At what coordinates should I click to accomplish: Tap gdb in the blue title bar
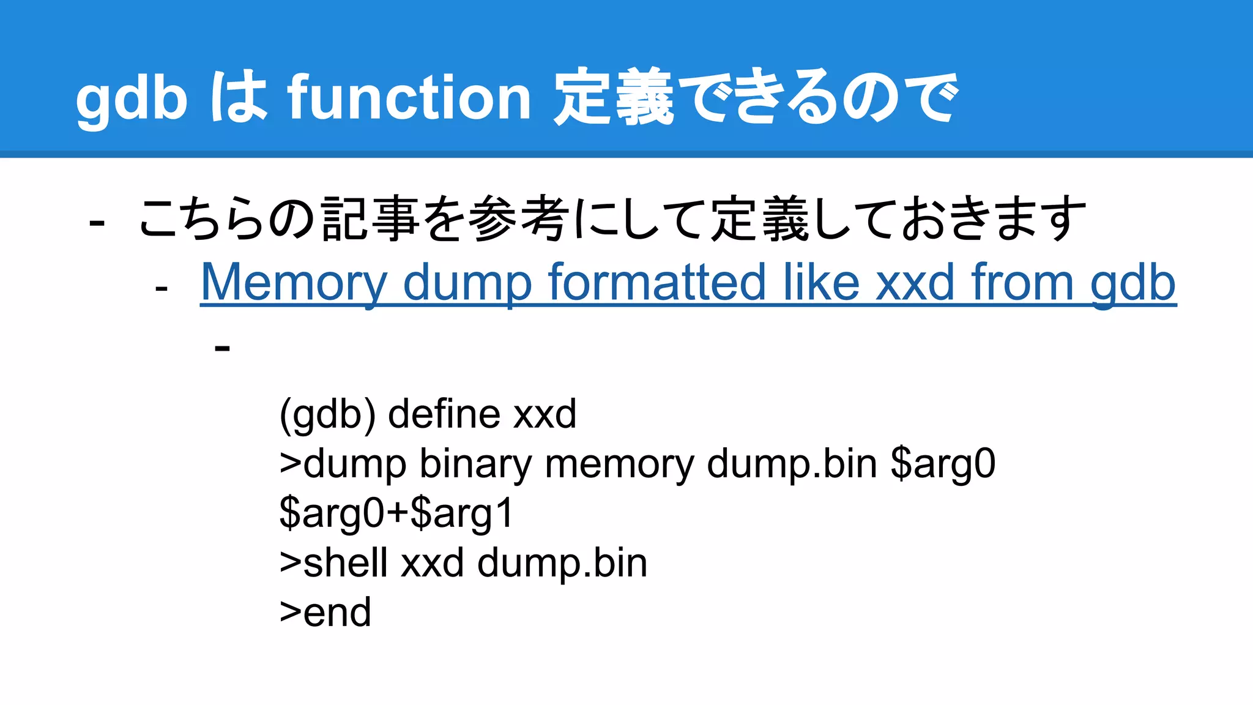132,98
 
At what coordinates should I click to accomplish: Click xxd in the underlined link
914,282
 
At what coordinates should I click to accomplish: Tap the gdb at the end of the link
1133,283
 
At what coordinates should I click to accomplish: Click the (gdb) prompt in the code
327,414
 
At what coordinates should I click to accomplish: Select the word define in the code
444,414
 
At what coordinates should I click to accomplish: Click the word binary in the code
475,464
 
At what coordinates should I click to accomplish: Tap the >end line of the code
325,612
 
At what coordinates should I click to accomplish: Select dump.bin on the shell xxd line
562,562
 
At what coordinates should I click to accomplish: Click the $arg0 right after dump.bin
943,464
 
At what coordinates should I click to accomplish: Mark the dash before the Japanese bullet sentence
97,223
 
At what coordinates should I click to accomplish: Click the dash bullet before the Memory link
162,288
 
